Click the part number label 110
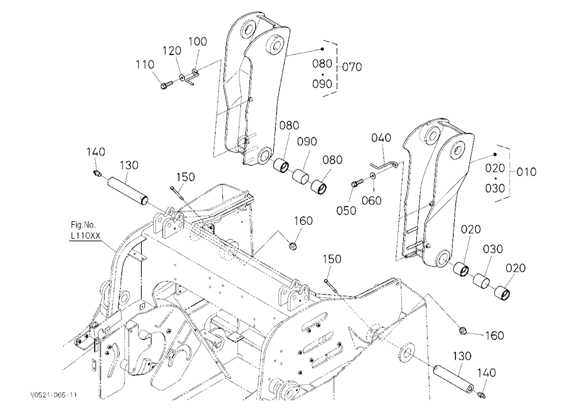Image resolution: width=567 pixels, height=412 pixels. [145, 65]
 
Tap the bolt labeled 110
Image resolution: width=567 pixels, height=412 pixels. [166, 86]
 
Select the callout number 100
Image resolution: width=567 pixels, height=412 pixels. [198, 41]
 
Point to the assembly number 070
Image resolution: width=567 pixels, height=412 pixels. [352, 67]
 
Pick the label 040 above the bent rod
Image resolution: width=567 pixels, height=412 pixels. [381, 138]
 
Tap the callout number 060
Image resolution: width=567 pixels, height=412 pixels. [372, 200]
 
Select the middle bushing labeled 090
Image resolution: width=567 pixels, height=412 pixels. [301, 177]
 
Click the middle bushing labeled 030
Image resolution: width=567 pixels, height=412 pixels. [481, 281]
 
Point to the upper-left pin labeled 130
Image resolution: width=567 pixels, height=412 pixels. [126, 190]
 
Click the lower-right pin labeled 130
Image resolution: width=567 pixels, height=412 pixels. [454, 379]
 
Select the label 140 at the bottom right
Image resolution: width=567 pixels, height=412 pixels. [487, 373]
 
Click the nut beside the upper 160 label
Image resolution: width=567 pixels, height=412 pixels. [293, 246]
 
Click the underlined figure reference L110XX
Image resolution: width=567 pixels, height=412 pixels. [86, 236]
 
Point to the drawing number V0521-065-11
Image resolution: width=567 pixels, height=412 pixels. [53, 395]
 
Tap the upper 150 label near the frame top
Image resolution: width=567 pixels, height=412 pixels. [185, 177]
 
